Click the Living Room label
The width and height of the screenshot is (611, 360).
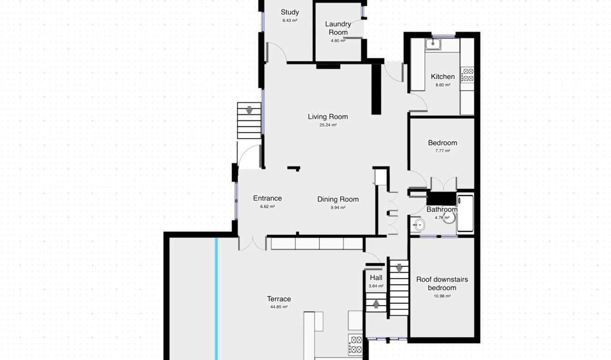coord(328,117)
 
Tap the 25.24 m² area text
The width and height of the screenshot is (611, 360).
coord(328,125)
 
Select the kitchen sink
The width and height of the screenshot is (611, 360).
coord(433,44)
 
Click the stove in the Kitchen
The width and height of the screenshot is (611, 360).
coord(467,75)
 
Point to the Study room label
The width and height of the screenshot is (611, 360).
coord(290,12)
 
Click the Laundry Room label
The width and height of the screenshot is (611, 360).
coord(338,28)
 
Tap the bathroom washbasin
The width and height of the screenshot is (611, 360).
coord(419,225)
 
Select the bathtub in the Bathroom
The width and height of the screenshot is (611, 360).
coord(465,213)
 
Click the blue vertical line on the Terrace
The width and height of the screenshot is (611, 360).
coord(216,299)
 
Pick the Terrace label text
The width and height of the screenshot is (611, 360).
coord(279,299)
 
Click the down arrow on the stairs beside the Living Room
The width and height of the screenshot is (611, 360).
coord(249,110)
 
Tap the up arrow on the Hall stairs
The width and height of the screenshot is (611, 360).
coord(376,304)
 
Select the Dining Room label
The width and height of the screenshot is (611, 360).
coord(338,199)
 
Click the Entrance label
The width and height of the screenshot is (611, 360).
coord(267,198)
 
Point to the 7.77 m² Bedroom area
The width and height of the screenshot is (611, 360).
coord(443,151)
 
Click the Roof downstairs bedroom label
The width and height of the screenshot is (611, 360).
coord(442,284)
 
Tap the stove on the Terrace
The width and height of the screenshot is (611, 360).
coord(355,344)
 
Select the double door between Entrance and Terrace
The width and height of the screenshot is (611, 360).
coord(252,243)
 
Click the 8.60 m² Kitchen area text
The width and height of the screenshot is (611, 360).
coord(443,85)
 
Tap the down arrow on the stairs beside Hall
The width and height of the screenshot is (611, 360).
coord(399,268)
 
